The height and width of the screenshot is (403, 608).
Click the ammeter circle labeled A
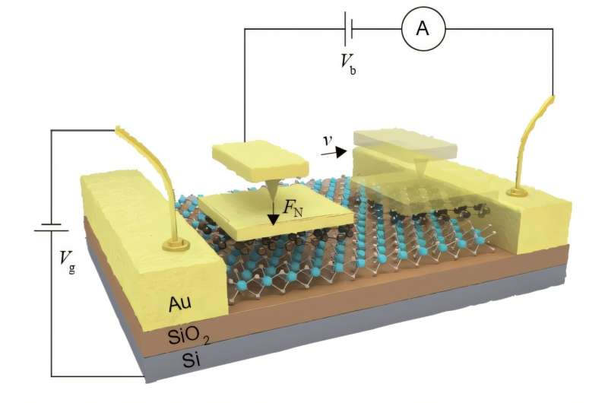[x=423, y=28]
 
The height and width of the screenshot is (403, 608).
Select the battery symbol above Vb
[x=348, y=28]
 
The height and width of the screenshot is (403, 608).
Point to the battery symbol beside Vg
[x=51, y=227]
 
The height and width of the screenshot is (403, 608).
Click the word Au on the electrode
[x=180, y=303]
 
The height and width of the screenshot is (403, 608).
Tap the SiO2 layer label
[x=188, y=336]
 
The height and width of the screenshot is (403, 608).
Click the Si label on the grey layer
[x=192, y=360]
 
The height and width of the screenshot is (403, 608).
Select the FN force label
[x=293, y=208]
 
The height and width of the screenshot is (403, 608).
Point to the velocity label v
[x=328, y=141]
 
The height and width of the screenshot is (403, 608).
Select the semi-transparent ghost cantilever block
[x=405, y=145]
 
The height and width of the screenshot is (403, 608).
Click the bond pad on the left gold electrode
[x=176, y=244]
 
